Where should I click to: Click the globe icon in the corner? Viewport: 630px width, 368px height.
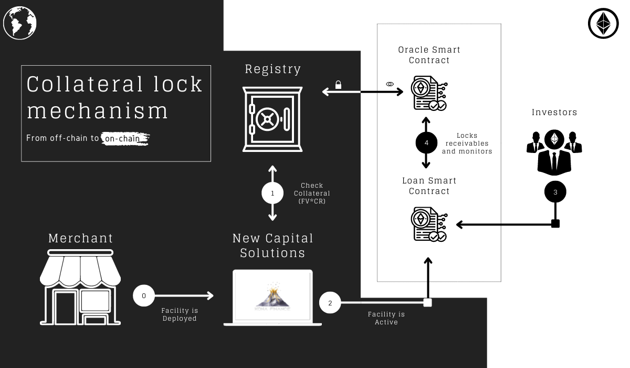tap(19, 23)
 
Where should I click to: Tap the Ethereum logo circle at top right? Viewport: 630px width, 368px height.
tap(603, 23)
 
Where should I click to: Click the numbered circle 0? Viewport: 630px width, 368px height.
tap(144, 295)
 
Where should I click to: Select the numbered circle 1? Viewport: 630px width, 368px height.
tap(272, 193)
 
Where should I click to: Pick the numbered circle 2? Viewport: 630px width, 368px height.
tap(330, 303)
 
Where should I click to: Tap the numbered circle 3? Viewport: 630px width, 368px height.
tap(555, 192)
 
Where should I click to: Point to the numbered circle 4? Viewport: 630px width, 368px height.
tap(426, 143)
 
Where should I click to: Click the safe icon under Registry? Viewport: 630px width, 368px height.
tap(272, 119)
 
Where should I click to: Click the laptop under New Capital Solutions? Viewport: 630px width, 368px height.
tap(272, 298)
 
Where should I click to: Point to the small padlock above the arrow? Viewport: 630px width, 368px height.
tap(339, 85)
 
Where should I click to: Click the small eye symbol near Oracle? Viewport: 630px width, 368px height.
tap(390, 84)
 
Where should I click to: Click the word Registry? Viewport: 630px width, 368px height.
tap(273, 69)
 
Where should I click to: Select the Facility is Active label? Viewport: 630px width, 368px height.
tap(386, 318)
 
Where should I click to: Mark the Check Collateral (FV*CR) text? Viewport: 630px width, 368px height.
tap(312, 193)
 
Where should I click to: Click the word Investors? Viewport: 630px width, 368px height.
tap(554, 112)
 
